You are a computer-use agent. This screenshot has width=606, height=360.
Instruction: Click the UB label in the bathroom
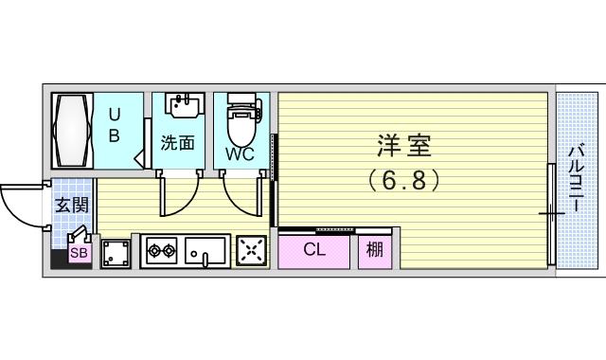114,125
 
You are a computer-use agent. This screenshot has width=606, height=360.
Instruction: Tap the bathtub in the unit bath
73,131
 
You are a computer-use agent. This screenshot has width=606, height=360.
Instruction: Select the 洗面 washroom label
177,143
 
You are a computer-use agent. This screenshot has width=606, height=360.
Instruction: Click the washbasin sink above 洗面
185,105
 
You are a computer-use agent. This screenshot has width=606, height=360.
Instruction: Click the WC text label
240,153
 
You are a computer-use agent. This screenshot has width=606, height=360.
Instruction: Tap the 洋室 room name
404,145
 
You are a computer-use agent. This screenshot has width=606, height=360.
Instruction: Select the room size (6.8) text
404,180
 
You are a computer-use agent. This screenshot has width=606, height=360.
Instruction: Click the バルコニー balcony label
576,177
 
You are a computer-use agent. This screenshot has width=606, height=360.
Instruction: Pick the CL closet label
314,249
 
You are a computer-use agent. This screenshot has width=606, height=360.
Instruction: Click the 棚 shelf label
375,249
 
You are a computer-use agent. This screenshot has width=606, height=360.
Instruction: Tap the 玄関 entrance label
72,205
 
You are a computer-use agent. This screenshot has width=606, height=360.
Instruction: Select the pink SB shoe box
80,253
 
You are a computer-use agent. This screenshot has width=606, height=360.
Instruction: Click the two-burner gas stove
162,250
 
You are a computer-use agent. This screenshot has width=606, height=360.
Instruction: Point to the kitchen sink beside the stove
205,252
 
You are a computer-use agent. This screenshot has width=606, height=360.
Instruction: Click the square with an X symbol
251,251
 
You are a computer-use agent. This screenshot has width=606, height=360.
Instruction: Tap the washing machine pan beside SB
116,253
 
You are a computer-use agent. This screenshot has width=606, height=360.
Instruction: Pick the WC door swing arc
237,202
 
